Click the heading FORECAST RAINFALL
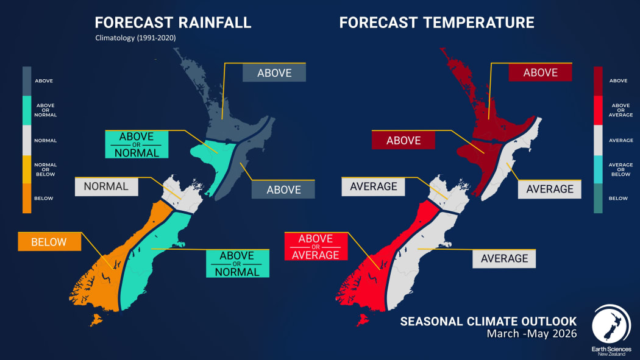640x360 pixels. (x=173, y=23)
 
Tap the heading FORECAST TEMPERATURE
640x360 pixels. (x=436, y=23)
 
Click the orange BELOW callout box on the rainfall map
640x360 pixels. (x=49, y=242)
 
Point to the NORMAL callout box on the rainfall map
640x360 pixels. (x=106, y=186)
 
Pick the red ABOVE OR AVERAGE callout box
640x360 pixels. (x=316, y=245)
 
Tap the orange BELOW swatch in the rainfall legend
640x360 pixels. (x=27, y=199)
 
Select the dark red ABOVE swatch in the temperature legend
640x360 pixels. (x=598, y=80)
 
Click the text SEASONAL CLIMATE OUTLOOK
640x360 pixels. (x=488, y=321)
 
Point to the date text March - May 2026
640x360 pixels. (x=531, y=334)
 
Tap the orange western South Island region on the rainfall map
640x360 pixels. (x=104, y=268)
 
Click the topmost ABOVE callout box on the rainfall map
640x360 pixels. (x=274, y=73)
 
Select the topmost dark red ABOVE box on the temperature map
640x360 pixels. (x=540, y=72)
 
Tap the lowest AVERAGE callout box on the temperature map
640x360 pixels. (x=504, y=258)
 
